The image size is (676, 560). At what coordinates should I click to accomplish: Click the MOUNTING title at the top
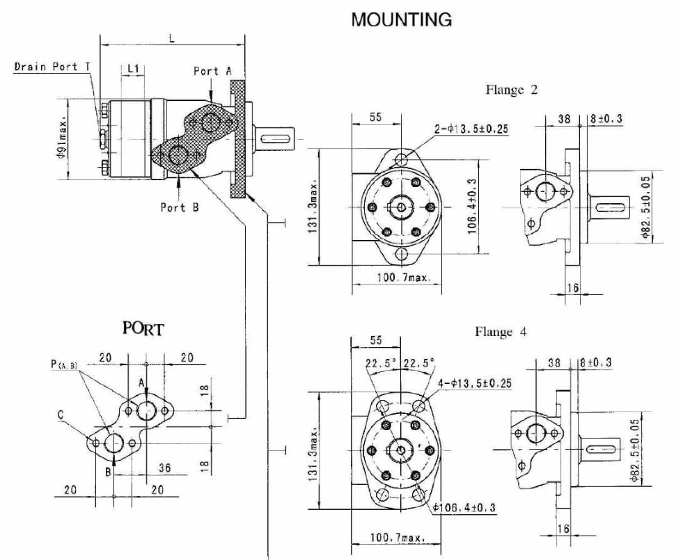pos(401,20)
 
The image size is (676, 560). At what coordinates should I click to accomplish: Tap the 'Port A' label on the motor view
pos(212,71)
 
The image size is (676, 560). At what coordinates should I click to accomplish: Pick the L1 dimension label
pos(133,69)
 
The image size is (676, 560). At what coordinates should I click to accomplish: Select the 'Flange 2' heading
pos(511,90)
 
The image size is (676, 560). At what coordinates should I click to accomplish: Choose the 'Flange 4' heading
pos(501,332)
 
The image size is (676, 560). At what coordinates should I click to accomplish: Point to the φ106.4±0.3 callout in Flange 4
pos(464,508)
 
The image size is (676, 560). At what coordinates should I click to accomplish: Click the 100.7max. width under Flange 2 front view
pos(404,278)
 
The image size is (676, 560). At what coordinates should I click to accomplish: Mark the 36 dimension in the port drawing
pos(165,468)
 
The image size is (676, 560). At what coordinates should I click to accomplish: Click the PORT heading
pos(143,328)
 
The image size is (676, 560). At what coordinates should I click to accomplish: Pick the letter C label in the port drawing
pos(61,416)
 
